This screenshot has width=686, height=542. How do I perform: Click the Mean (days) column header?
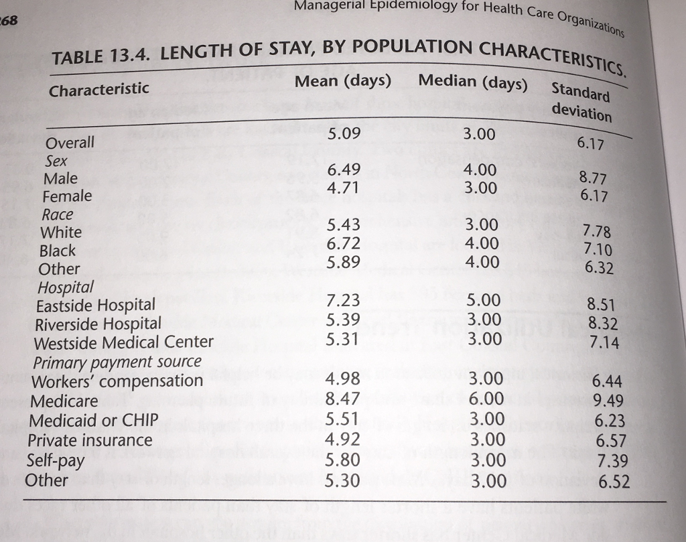pos(343,81)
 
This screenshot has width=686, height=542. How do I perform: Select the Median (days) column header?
pos(473,83)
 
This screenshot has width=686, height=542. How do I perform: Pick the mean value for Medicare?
pos(342,401)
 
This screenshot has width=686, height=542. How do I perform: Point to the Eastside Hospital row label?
pos(95,306)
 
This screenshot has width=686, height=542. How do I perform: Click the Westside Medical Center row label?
pos(124,342)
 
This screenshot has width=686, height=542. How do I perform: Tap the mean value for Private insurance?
pos(342,439)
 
